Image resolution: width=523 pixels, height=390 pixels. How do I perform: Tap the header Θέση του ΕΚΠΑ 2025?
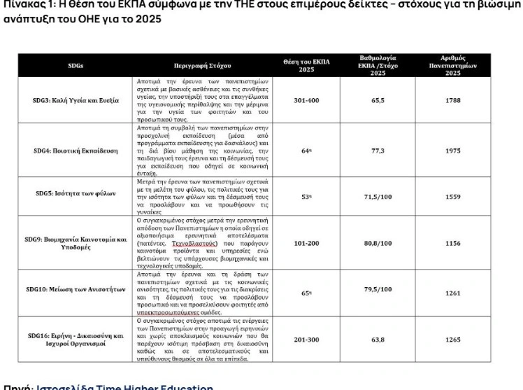pos(306,65)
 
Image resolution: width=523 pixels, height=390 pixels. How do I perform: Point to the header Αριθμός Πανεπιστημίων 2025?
pos(452,65)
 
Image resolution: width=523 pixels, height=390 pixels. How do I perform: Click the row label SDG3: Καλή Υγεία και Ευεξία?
pos(76,100)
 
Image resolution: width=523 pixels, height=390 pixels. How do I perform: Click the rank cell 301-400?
pos(306,100)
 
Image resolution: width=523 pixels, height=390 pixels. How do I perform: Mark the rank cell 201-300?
pos(306,340)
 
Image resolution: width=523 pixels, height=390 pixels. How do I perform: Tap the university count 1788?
pos(452,100)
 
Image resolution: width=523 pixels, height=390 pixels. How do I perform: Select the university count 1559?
pos(452,197)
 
